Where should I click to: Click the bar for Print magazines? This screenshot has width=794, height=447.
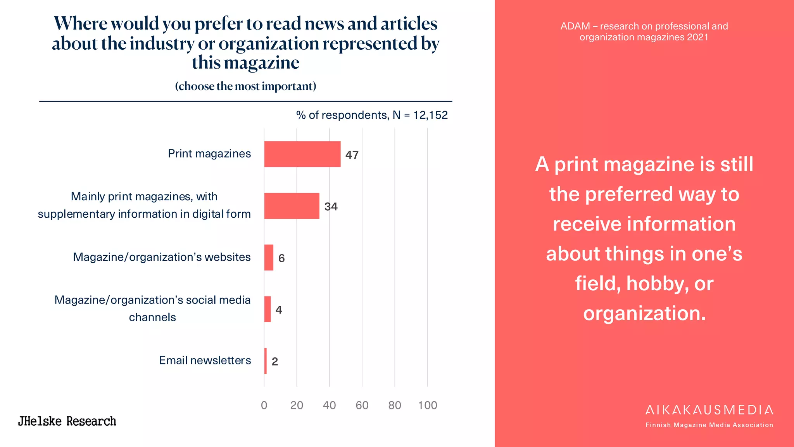click(302, 154)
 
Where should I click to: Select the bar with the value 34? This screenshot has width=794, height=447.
click(292, 206)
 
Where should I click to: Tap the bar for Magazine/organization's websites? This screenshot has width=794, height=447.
click(269, 257)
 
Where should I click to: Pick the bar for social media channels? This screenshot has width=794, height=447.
click(267, 309)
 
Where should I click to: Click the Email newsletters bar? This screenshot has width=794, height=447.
click(266, 361)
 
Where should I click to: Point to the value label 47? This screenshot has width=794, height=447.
click(352, 155)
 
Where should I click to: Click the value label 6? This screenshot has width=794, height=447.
click(281, 258)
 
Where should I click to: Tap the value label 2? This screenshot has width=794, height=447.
click(275, 361)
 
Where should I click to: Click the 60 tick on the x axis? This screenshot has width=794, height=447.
click(362, 405)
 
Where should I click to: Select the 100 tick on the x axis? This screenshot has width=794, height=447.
click(427, 405)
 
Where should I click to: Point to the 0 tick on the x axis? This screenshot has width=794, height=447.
click(264, 405)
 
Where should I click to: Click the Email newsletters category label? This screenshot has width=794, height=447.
click(205, 360)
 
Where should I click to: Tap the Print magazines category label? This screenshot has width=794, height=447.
click(209, 153)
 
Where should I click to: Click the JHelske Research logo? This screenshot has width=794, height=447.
click(67, 421)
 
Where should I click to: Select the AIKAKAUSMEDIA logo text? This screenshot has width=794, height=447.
click(709, 410)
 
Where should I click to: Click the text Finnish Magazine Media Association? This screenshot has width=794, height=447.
click(709, 425)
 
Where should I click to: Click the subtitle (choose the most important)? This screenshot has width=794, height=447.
click(245, 86)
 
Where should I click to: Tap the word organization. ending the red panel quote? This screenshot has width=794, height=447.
click(644, 314)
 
